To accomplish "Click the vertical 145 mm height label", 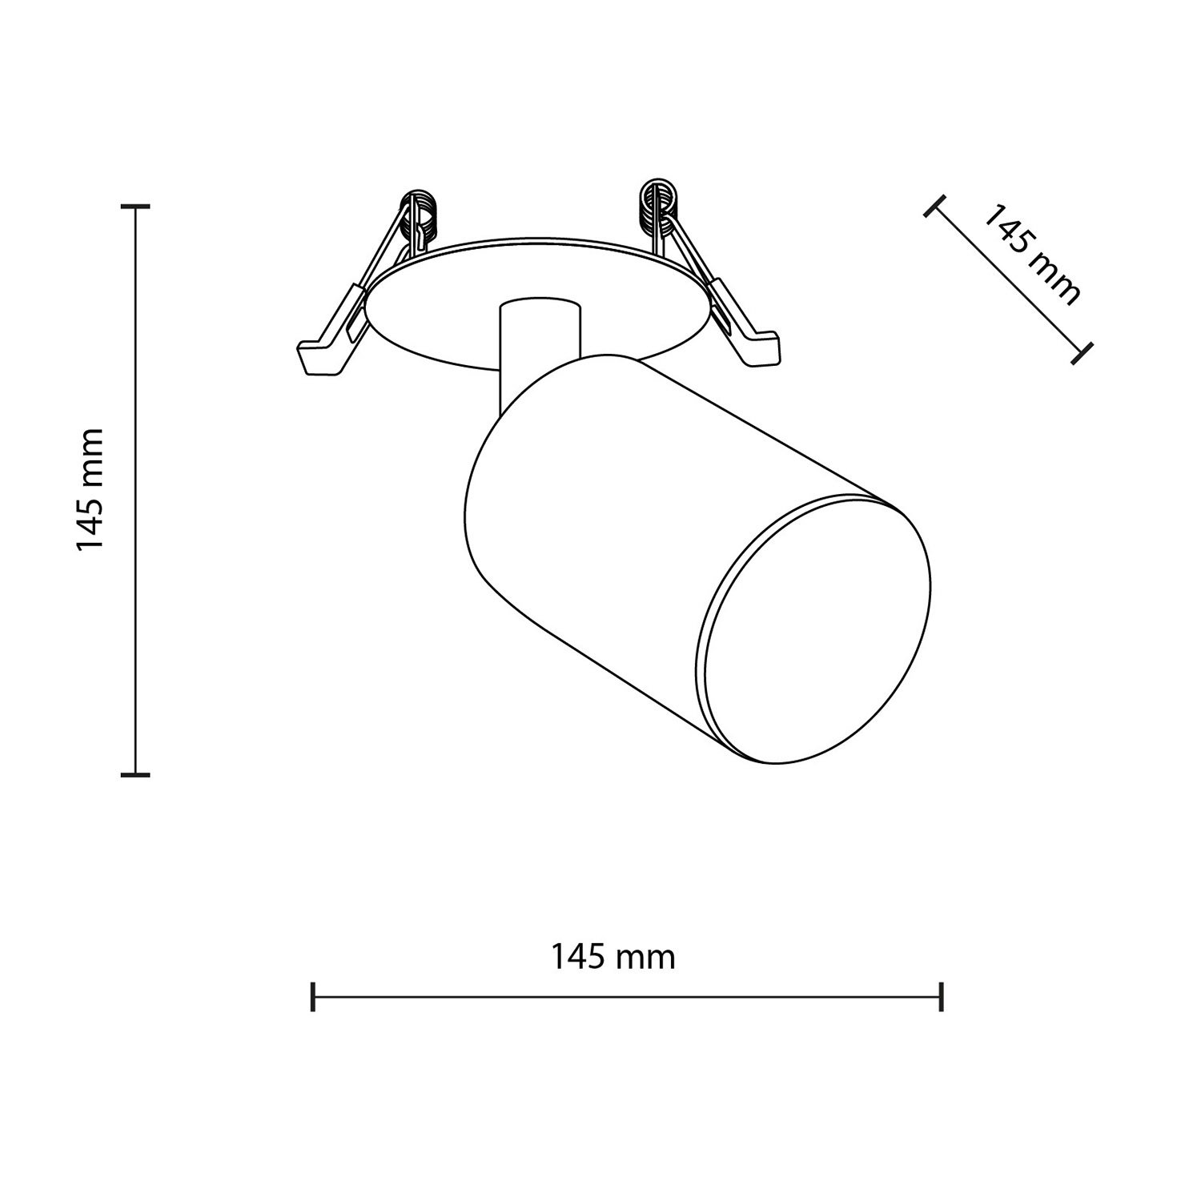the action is pos(89,489).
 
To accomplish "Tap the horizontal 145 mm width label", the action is pos(613,957).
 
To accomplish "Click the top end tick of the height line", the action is pos(136,207).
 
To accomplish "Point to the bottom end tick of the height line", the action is pos(136,774).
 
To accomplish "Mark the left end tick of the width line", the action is pos(313,997).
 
